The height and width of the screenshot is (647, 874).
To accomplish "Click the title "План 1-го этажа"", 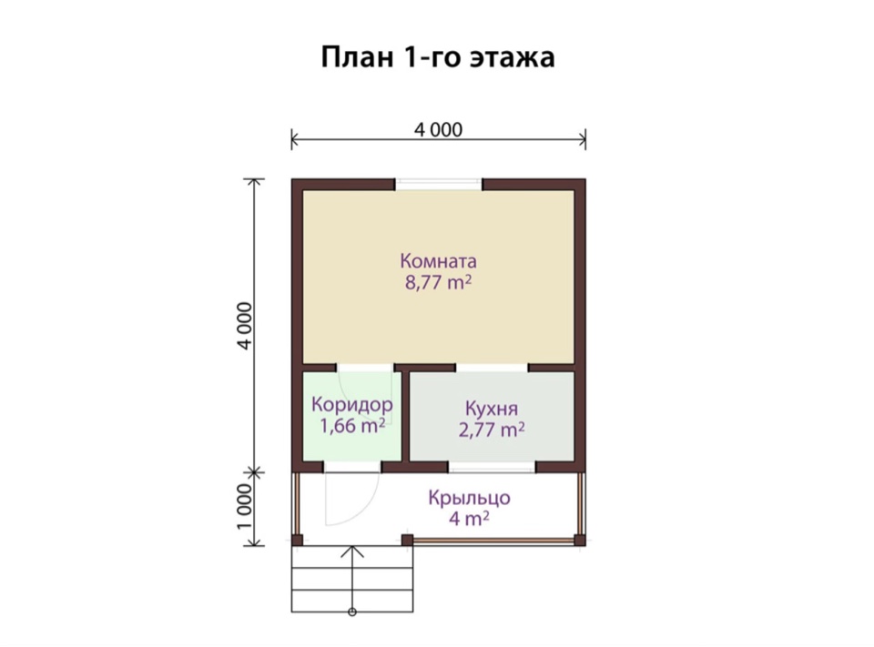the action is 438,57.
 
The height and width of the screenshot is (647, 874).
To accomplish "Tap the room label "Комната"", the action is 438,261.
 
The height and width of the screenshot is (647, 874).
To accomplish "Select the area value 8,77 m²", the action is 438,282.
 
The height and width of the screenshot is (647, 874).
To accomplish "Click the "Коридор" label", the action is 352,405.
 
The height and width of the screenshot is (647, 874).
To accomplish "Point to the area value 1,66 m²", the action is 352,426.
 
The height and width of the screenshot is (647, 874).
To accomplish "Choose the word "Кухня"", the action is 492,409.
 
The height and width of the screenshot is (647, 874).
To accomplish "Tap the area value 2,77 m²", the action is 492,430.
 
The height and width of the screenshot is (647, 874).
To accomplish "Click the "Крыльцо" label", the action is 470,498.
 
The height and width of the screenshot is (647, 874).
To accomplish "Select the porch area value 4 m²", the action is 470,519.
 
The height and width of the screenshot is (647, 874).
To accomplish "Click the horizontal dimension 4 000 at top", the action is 438,130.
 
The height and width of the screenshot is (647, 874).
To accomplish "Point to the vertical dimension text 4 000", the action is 245,326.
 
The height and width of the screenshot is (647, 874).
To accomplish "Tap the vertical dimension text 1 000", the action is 245,507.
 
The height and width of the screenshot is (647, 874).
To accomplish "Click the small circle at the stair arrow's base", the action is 352,612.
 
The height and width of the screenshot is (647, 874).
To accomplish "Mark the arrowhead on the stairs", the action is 352,551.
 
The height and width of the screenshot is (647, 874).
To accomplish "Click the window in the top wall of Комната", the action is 439,185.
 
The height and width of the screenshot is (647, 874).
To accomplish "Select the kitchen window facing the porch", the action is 492,467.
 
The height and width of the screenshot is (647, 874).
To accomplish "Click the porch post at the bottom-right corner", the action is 580,540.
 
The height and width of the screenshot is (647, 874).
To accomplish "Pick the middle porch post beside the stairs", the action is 408,540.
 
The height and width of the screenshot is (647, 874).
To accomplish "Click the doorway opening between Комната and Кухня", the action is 492,368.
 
